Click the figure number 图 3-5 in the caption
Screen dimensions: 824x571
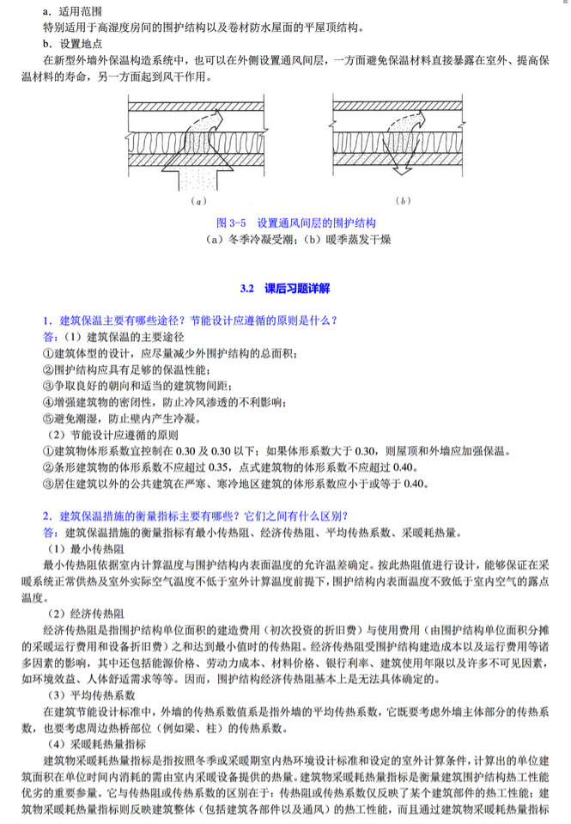(x=233, y=221)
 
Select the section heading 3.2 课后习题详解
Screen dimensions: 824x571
(x=284, y=290)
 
